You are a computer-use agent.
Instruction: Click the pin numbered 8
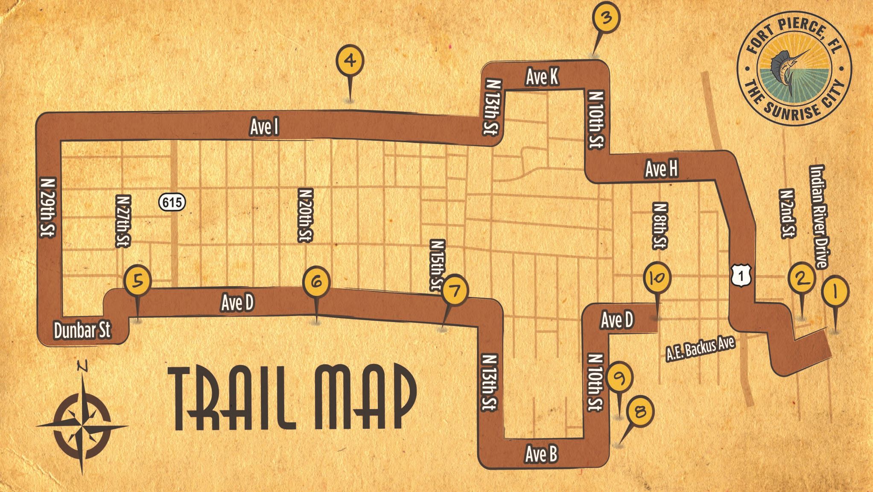(639, 412)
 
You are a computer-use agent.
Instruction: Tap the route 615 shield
(173, 202)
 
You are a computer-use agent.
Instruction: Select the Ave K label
(542, 77)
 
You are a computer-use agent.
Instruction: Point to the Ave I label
(264, 127)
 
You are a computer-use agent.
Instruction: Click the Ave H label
(661, 169)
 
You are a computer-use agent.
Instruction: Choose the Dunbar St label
(82, 330)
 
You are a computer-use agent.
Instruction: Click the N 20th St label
(306, 216)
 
